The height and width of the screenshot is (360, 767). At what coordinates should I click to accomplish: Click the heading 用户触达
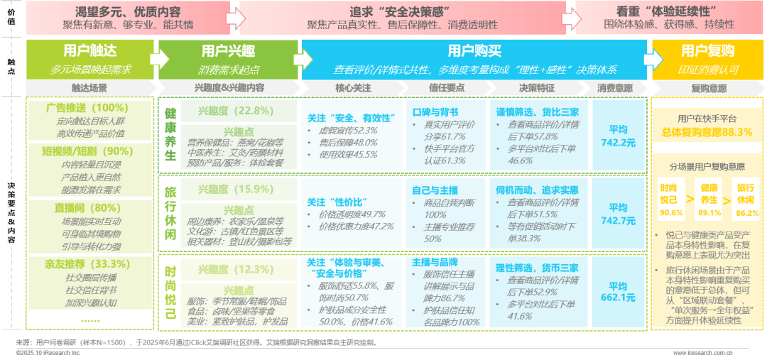[89, 50]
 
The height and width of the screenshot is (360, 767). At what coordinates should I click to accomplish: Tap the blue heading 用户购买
[474, 50]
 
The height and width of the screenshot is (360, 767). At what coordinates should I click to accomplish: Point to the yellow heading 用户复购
[707, 50]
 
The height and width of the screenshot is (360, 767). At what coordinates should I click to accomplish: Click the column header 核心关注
[353, 88]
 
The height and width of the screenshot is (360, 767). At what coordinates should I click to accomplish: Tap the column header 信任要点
[445, 88]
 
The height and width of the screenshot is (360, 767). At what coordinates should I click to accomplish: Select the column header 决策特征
[534, 88]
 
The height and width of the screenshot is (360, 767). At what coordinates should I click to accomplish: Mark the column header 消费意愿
[614, 88]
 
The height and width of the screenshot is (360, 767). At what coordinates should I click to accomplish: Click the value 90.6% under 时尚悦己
[670, 212]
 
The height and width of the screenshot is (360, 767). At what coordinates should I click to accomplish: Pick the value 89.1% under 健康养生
[709, 212]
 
